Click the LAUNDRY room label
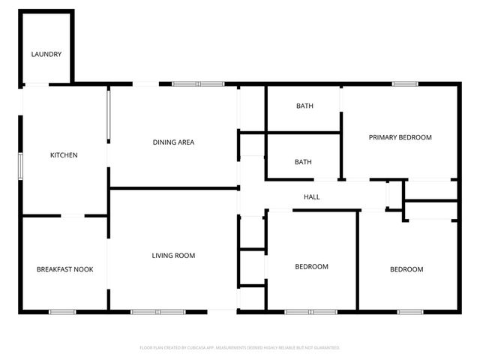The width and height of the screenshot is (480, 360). click(x=46, y=55)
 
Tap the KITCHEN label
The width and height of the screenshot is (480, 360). click(x=64, y=155)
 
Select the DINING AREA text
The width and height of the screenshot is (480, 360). click(x=174, y=142)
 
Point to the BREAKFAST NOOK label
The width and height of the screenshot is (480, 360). click(x=64, y=269)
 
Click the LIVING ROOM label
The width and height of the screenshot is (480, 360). click(x=173, y=256)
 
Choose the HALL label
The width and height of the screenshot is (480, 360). click(x=311, y=197)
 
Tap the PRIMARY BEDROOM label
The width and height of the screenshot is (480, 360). click(x=400, y=137)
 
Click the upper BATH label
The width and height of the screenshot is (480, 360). click(x=304, y=106)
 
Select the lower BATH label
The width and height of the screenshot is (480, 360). click(x=303, y=162)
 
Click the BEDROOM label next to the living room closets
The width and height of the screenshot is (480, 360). click(x=311, y=267)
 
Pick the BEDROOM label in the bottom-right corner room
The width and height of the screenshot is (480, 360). click(x=406, y=269)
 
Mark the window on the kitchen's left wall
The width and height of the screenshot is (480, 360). click(x=21, y=166)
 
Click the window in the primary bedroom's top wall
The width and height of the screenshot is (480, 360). click(x=405, y=84)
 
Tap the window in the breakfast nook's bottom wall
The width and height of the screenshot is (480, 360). click(x=62, y=311)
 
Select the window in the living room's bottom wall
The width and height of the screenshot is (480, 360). click(x=157, y=311)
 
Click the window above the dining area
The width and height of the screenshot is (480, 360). click(x=187, y=84)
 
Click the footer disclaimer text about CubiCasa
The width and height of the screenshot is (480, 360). click(x=240, y=348)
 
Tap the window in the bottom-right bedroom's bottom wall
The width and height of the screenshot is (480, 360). click(x=409, y=311)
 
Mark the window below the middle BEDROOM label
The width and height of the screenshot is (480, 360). click(x=310, y=311)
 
